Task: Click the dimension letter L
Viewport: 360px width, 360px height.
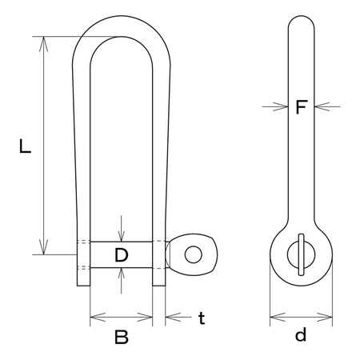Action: click(26, 146)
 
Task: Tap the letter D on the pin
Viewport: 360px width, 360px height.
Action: click(122, 254)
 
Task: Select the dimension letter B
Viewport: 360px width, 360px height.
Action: click(122, 337)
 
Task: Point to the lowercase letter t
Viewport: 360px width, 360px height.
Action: click(202, 318)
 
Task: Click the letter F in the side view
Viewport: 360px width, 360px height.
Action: click(302, 106)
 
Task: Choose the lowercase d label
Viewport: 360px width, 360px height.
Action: click(301, 335)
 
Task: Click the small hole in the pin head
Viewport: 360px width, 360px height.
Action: click(194, 254)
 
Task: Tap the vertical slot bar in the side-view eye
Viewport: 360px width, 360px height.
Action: click(301, 254)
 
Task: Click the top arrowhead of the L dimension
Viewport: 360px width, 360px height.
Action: click(43, 44)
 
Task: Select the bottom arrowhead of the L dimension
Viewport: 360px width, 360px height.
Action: click(43, 247)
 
